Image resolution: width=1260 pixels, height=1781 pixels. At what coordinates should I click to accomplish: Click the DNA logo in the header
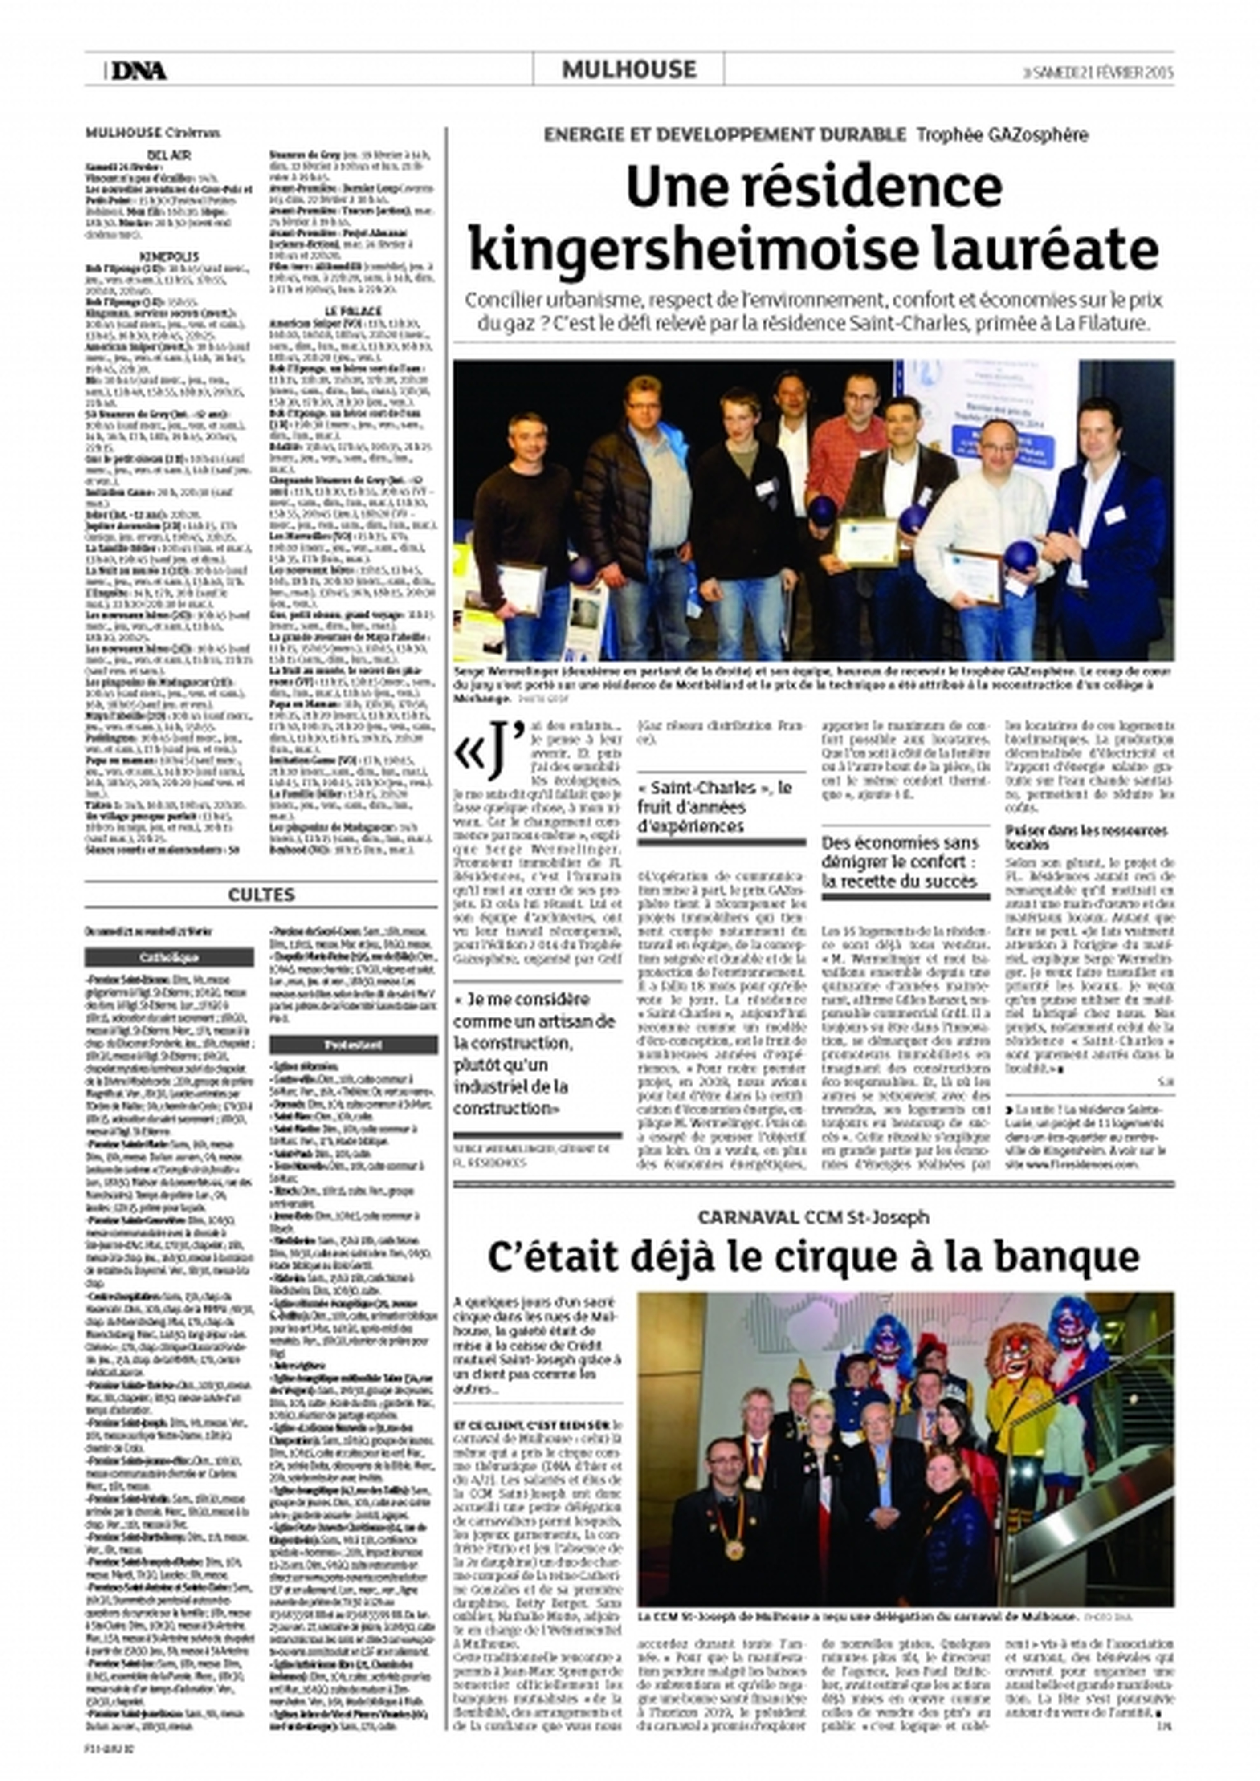[x=138, y=71]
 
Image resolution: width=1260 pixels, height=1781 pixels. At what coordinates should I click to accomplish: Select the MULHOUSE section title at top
[x=628, y=70]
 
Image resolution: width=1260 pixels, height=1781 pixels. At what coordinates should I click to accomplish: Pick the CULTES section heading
[x=261, y=895]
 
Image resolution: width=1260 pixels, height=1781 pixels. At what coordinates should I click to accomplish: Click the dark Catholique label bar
[x=169, y=957]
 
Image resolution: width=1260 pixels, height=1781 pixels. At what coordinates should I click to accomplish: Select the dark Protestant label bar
[x=354, y=1044]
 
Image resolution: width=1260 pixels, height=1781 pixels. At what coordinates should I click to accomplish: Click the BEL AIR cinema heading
[x=169, y=155]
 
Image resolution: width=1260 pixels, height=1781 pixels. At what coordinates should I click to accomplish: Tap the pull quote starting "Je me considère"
[x=535, y=1053]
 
